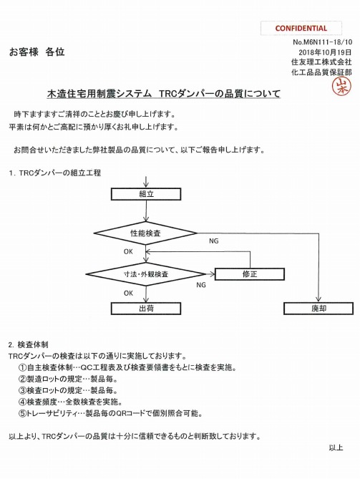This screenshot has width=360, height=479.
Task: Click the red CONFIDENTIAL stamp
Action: (x=301, y=29)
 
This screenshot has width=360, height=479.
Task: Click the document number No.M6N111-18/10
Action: (x=322, y=42)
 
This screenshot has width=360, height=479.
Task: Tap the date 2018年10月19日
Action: (x=325, y=52)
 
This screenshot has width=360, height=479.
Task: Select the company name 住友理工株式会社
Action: (x=321, y=62)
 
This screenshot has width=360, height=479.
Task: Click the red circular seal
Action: (x=341, y=86)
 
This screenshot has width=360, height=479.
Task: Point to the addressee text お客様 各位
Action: (x=37, y=52)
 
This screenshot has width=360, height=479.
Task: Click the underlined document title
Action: (x=164, y=94)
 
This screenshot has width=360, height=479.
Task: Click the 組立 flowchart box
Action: (x=146, y=194)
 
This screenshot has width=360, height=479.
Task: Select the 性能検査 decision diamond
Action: (x=146, y=233)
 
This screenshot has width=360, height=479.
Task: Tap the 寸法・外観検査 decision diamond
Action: (x=146, y=274)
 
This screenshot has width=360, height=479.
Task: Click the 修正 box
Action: (x=250, y=274)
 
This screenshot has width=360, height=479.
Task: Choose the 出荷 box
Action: (x=146, y=309)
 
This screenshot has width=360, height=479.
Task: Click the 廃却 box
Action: (x=318, y=309)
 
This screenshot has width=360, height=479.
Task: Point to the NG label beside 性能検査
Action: (x=214, y=241)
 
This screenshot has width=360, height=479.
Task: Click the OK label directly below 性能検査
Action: (x=128, y=252)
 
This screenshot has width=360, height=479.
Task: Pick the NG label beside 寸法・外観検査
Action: (x=201, y=285)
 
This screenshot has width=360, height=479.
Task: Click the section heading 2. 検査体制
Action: (x=29, y=345)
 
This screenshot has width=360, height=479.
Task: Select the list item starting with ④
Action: (x=71, y=402)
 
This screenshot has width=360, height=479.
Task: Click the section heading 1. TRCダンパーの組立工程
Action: (x=55, y=173)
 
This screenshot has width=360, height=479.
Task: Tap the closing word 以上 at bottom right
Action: (x=336, y=447)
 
